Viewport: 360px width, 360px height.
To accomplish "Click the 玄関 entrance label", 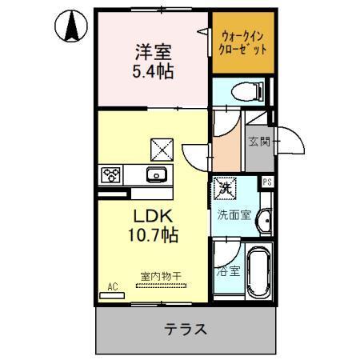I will pyautogui.click(x=258, y=142).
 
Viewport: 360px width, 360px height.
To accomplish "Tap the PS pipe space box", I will pyautogui.click(x=267, y=181).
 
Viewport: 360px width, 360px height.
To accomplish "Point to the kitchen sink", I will pyautogui.click(x=154, y=175).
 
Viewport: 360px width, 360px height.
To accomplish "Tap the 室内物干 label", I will pyautogui.click(x=161, y=277).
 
